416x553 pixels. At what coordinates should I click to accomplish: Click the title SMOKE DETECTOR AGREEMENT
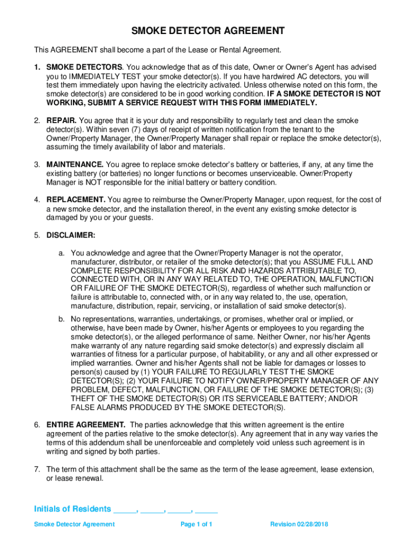(x=208, y=31)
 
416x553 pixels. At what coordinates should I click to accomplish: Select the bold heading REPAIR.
(x=62, y=120)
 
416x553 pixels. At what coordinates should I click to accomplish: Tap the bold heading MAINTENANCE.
(x=75, y=164)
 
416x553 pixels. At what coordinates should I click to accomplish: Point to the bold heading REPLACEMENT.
(x=76, y=200)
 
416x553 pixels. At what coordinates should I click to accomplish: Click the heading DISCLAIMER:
(x=71, y=235)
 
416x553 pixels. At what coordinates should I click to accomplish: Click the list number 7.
(x=37, y=469)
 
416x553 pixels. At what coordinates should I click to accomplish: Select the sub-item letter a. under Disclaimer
(x=63, y=253)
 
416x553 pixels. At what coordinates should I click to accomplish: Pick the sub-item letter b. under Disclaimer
(x=63, y=319)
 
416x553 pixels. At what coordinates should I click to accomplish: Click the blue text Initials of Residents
(x=73, y=509)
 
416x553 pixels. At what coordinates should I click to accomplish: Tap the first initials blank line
(x=125, y=510)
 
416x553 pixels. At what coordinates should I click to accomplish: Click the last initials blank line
(x=206, y=510)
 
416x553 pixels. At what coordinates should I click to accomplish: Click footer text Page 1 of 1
(x=196, y=524)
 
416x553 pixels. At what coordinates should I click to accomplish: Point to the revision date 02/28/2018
(x=313, y=524)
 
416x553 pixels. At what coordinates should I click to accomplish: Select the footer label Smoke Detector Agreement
(x=74, y=524)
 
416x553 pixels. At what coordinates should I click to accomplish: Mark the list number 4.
(x=37, y=200)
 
